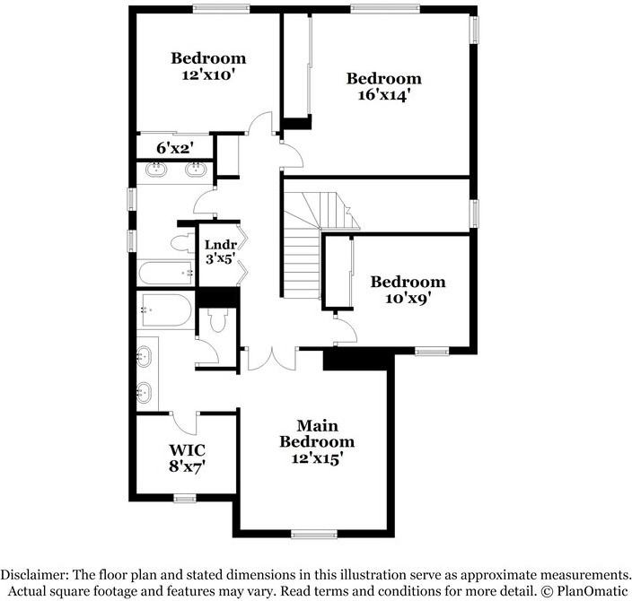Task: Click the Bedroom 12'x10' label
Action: point(208,66)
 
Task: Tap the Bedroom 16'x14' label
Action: point(383,85)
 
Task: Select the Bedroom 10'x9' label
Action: point(408,289)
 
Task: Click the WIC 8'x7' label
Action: point(189,457)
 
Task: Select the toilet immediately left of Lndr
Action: point(180,242)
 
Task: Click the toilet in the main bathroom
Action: point(215,322)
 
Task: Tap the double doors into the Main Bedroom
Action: point(270,357)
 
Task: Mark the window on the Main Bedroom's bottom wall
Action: point(313,536)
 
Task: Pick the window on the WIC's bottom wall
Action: point(186,497)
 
